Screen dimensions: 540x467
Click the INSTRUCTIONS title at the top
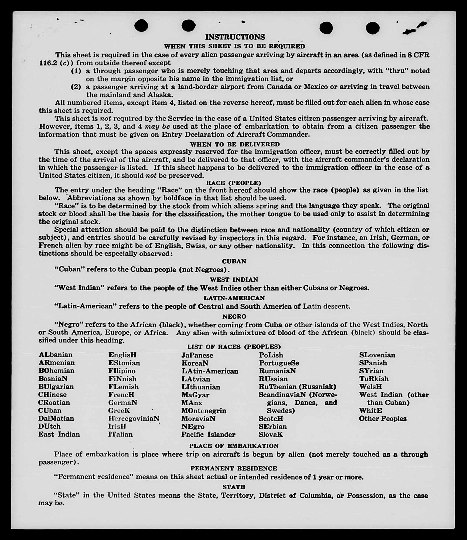235,37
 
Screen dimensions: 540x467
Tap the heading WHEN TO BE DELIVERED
235,144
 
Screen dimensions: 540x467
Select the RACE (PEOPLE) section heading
234,183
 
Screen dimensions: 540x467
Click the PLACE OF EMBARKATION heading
234,446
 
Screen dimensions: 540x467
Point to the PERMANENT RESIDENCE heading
234,468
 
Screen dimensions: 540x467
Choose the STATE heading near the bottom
234,487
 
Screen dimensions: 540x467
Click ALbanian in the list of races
56,355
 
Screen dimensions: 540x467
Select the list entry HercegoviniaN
134,418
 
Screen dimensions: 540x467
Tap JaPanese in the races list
197,355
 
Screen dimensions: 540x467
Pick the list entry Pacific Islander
208,434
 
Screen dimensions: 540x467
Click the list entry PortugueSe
279,363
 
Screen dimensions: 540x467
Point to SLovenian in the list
377,355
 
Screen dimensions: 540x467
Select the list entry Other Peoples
383,418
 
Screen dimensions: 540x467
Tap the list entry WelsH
370,387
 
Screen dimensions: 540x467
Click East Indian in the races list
59,434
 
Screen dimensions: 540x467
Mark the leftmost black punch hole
141,26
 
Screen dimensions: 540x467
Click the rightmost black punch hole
373,28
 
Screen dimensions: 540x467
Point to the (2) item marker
76,87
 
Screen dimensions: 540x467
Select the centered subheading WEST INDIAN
234,280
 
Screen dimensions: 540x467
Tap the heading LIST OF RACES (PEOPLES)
234,347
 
